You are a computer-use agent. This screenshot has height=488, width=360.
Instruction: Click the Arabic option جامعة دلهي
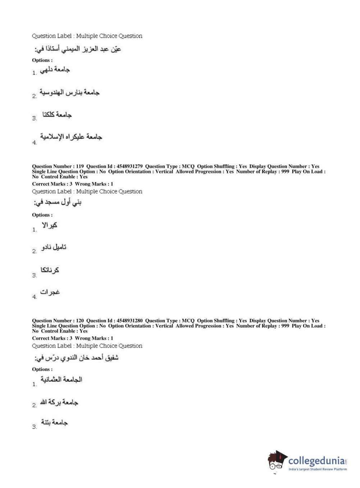55,70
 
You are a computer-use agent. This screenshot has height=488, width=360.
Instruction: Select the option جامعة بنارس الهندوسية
69,93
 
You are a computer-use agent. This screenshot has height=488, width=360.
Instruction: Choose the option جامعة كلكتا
57,115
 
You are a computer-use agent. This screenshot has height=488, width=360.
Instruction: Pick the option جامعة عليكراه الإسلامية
71,137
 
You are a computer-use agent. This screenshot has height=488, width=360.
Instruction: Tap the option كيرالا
50,226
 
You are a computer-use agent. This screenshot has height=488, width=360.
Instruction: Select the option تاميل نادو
54,248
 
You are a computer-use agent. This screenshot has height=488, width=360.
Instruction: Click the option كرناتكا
50,270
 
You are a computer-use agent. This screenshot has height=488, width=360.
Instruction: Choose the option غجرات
50,292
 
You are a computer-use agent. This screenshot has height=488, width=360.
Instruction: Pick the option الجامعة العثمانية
61,380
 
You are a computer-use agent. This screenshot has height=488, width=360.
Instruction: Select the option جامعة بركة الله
59,402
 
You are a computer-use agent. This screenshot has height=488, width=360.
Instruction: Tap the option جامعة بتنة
54,423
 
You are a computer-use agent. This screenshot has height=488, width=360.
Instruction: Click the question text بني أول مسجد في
58,203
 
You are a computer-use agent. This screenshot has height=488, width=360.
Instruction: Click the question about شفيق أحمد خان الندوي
77,358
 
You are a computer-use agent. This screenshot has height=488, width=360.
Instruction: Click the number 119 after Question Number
80,166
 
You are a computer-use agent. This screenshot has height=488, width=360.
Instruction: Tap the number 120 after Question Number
80,321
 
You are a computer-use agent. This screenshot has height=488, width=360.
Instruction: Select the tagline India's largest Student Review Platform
318,469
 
